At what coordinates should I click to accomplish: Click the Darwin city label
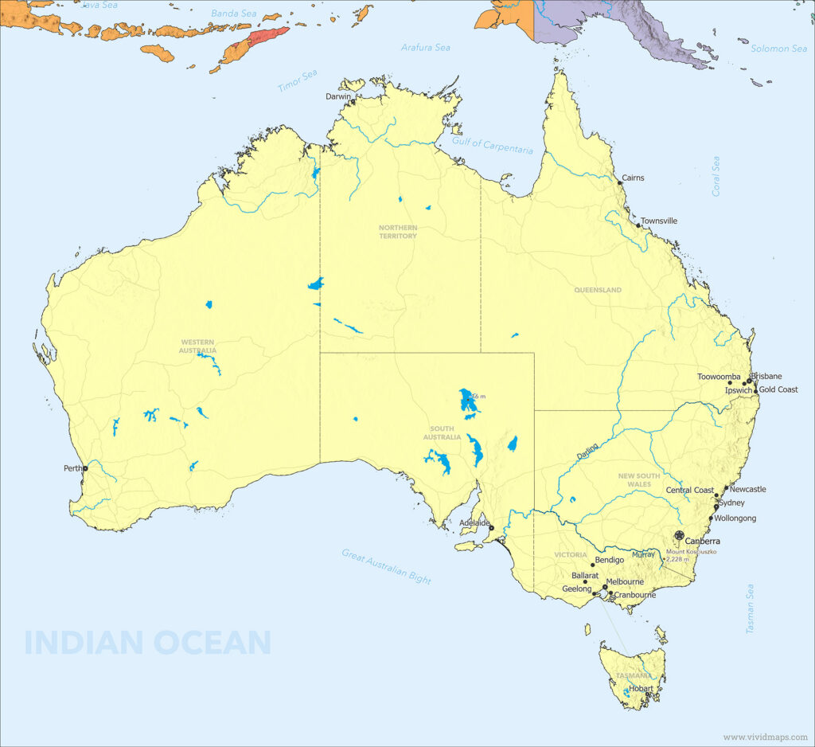pos(338,96)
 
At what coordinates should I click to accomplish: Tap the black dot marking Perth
pos(85,468)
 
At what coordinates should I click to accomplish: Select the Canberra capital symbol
pos(679,536)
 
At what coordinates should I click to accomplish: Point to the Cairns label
pos(633,178)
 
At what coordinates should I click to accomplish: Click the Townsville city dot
pos(638,225)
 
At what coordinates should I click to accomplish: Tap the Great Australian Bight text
pos(387,566)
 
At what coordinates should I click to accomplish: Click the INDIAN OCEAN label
pos(148,642)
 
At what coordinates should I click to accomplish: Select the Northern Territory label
pos(397,232)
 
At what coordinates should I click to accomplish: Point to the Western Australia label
pos(198,346)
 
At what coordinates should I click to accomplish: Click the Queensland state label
pos(598,290)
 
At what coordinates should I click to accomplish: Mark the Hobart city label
pos(641,689)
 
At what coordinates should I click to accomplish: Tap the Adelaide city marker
pos(491,528)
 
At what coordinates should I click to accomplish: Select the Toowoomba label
pos(719,377)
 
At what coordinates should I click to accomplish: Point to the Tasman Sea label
pos(750,609)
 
